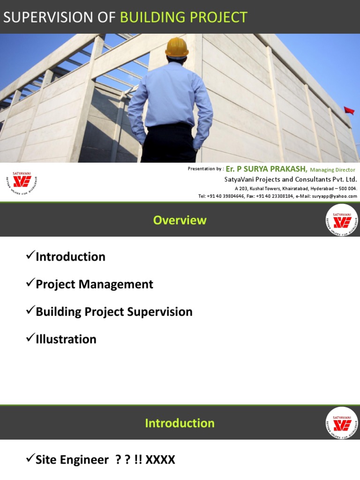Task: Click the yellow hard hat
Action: tap(177, 47)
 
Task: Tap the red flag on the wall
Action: tap(349, 111)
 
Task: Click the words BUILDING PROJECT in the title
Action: tap(184, 17)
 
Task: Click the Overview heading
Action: tap(180, 220)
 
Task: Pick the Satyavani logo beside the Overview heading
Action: tap(342, 220)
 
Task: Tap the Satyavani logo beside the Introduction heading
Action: tap(342, 423)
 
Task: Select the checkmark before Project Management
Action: tap(30, 284)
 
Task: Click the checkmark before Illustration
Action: tap(30, 338)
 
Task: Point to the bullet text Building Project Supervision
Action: tap(114, 312)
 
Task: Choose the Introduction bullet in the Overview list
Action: tap(70, 257)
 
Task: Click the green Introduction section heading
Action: tap(180, 423)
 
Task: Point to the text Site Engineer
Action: tap(72, 460)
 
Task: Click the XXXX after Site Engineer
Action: tap(160, 460)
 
